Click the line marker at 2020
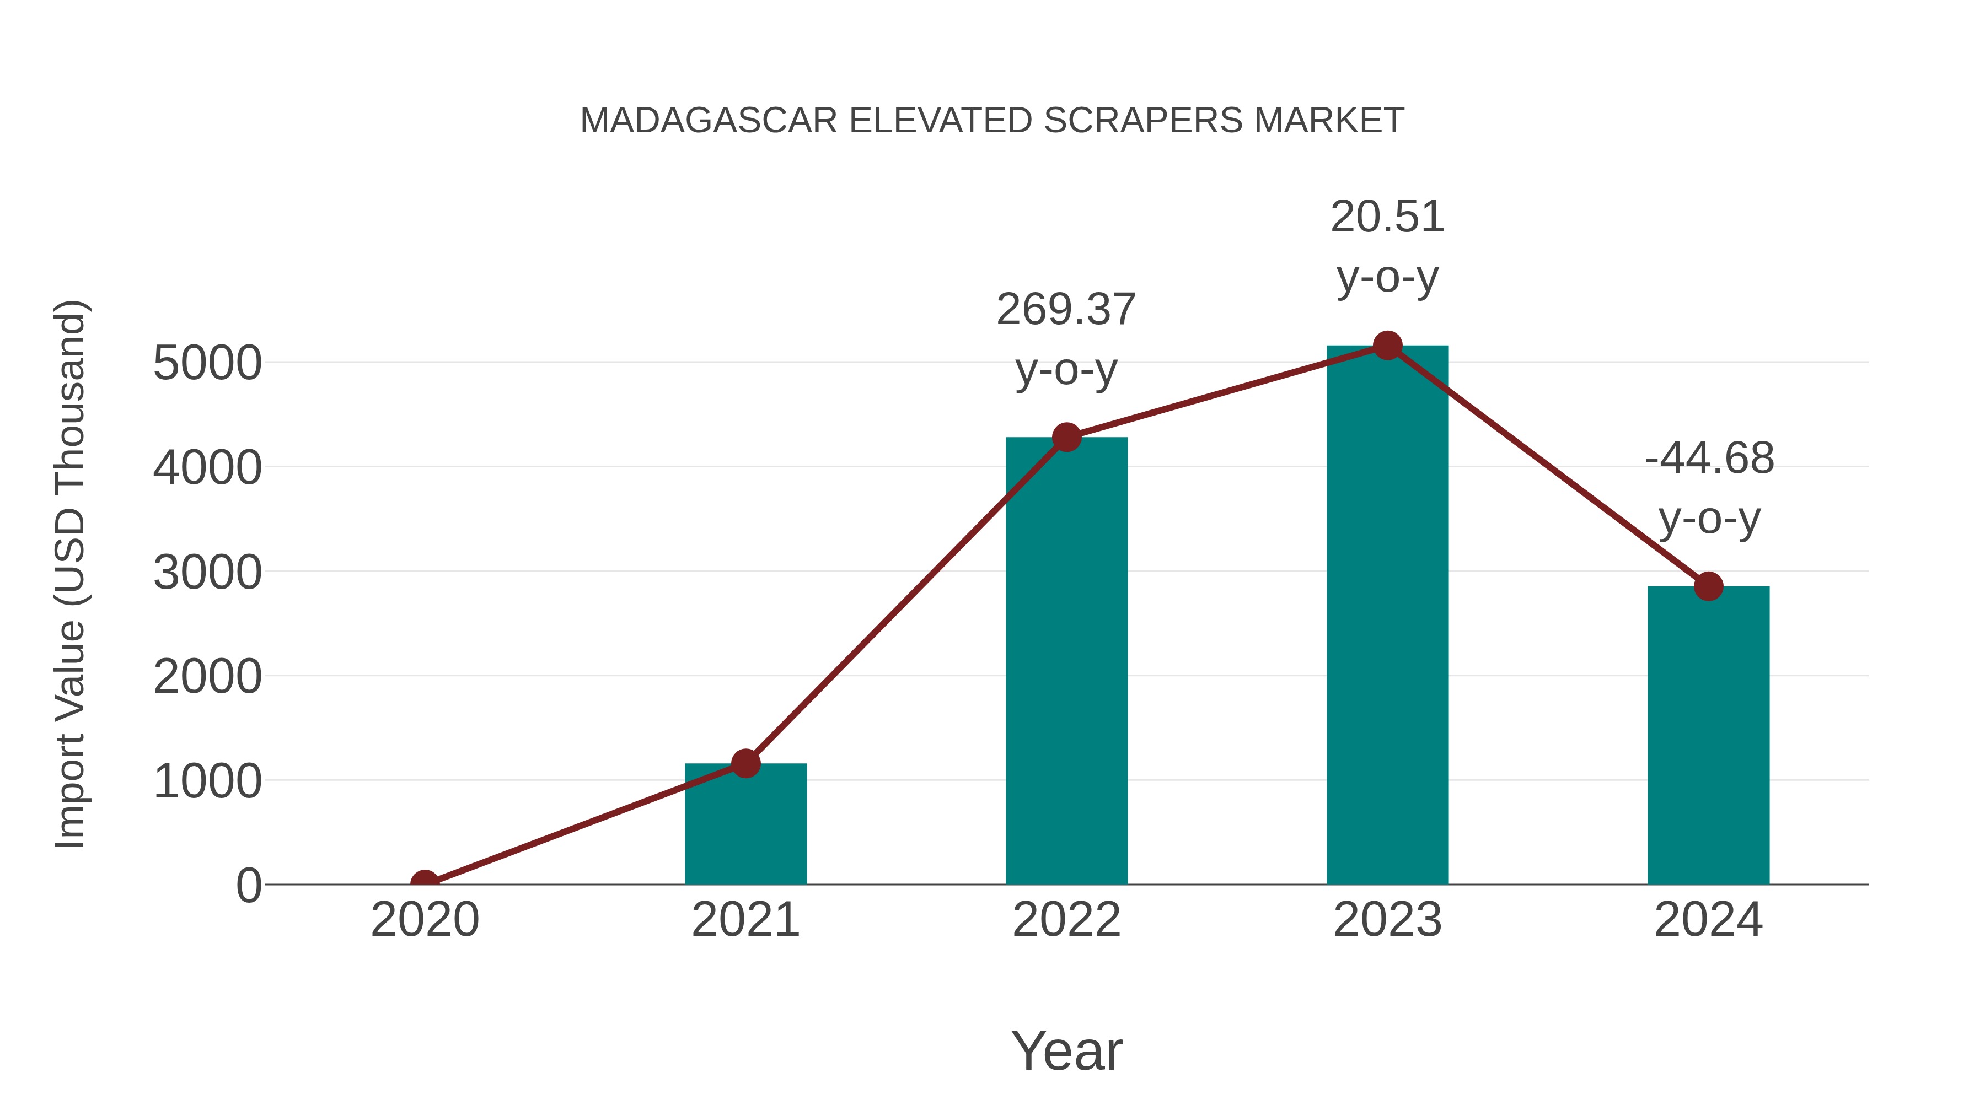[x=425, y=883]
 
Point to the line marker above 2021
[x=745, y=763]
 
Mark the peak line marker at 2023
[x=1387, y=346]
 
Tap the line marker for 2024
[x=1708, y=586]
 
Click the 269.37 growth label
[x=1066, y=310]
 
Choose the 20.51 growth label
[x=1387, y=217]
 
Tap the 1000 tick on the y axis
[x=207, y=781]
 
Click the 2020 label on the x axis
[x=425, y=920]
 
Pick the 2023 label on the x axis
[x=1387, y=920]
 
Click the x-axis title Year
[x=1066, y=1050]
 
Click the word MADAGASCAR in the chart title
[x=708, y=121]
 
